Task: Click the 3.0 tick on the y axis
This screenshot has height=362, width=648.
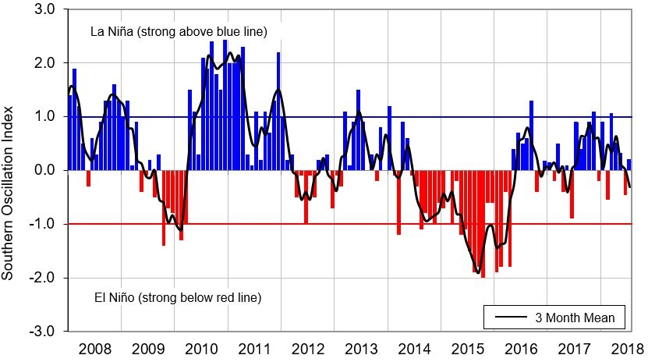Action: (44, 9)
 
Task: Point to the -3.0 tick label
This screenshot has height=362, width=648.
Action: (42, 332)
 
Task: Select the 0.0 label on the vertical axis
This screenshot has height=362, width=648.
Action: (44, 170)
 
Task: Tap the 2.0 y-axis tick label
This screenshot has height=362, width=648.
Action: (44, 63)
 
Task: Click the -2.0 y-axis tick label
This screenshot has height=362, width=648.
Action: (42, 278)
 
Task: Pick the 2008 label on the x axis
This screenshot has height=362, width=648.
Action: (94, 348)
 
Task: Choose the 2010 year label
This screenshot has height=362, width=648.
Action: (202, 348)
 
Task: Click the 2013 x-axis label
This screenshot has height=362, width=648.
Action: (361, 348)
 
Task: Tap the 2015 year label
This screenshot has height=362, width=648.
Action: (468, 348)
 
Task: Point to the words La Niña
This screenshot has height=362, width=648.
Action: (107, 32)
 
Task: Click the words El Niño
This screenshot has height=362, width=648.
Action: (105, 297)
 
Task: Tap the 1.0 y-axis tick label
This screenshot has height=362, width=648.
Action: (44, 116)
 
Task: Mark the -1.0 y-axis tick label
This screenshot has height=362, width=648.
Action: (42, 225)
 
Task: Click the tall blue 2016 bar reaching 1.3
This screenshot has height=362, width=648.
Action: (531, 136)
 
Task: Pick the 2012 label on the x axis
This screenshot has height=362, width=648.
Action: (307, 348)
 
